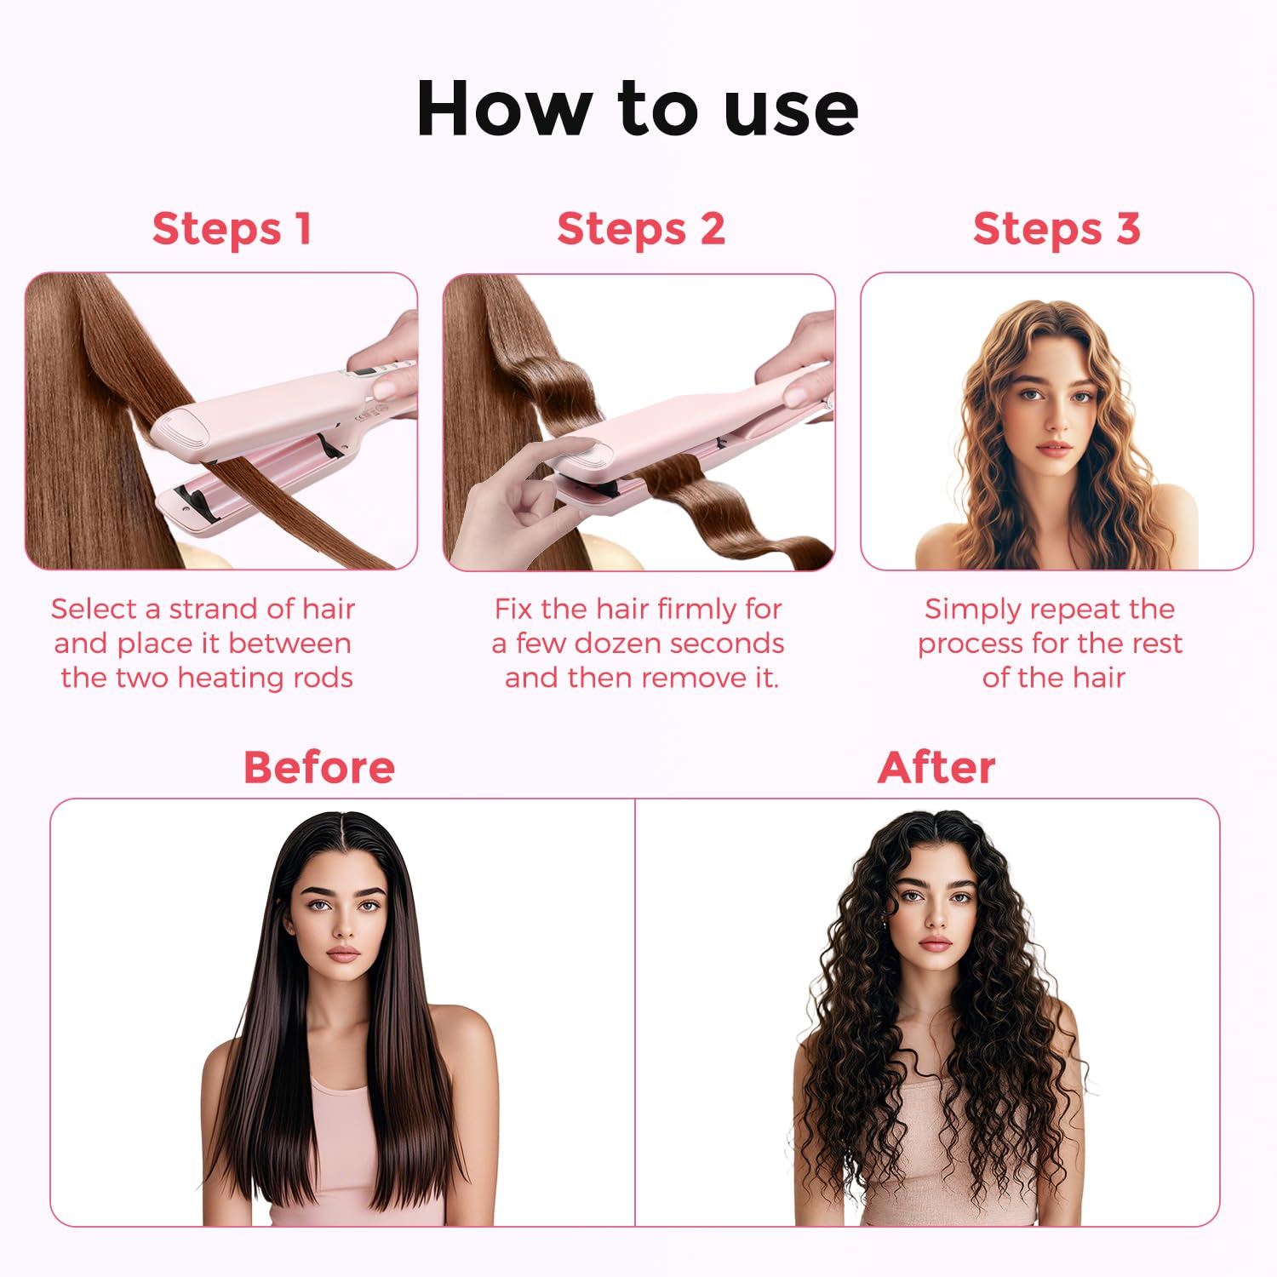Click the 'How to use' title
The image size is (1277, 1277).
pyautogui.click(x=638, y=108)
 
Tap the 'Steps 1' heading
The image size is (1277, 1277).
pyautogui.click(x=232, y=229)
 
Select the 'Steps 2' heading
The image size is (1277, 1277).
pyautogui.click(x=641, y=229)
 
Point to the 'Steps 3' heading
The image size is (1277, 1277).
pyautogui.click(x=1057, y=229)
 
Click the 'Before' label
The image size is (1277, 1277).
pyautogui.click(x=319, y=767)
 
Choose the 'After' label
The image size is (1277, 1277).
pyautogui.click(x=936, y=767)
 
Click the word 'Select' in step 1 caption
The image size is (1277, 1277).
pyautogui.click(x=94, y=609)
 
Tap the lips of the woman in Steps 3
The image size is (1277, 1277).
pyautogui.click(x=1053, y=448)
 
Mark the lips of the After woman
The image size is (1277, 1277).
pyautogui.click(x=935, y=943)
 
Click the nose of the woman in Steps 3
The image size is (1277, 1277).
pyautogui.click(x=1055, y=419)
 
